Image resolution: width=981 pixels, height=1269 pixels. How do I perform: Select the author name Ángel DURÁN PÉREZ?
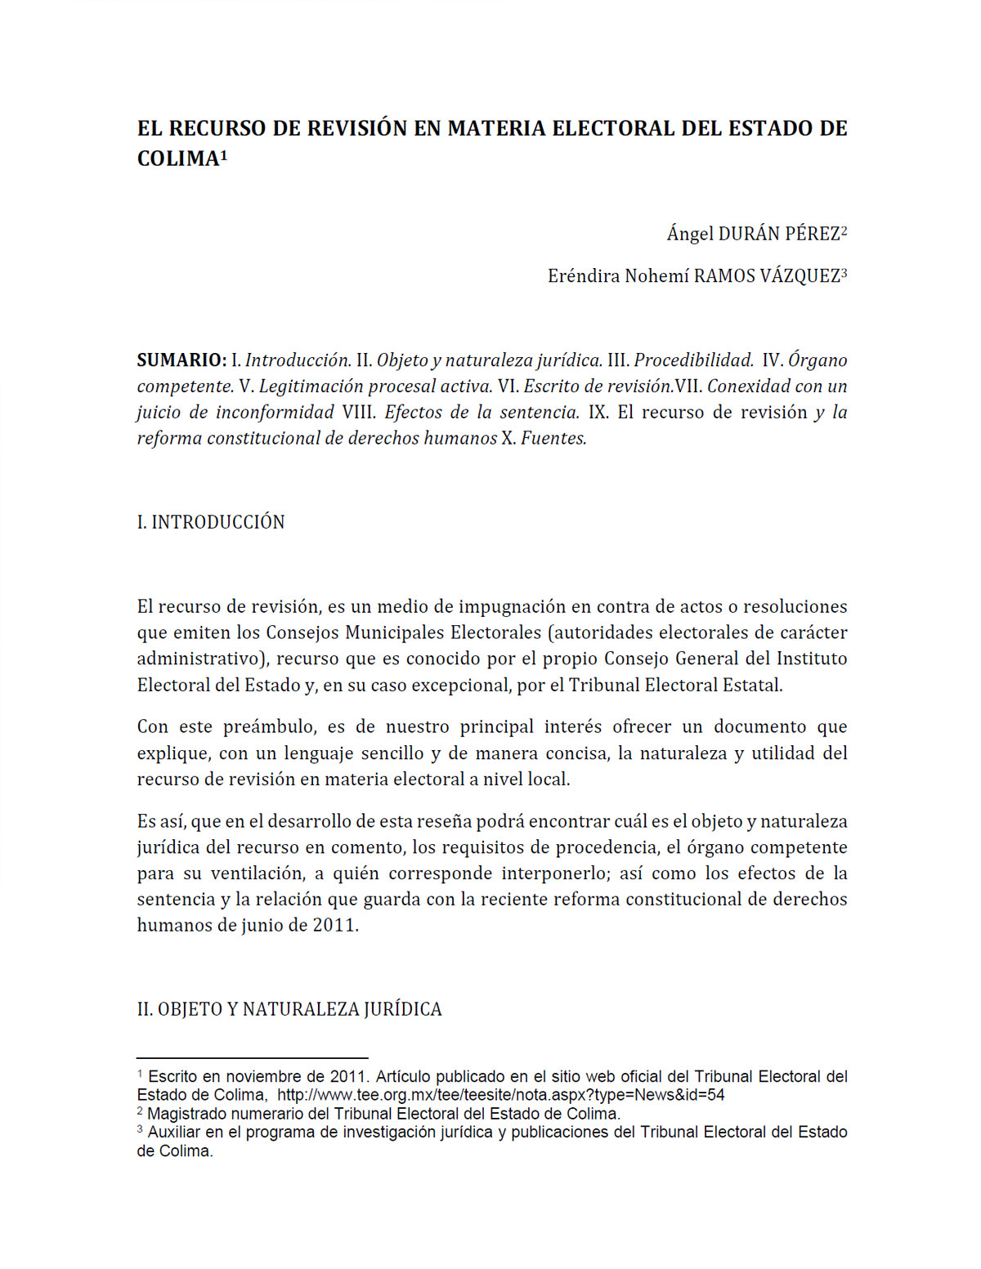(x=753, y=234)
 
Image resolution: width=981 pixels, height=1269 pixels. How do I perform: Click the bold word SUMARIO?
(x=181, y=360)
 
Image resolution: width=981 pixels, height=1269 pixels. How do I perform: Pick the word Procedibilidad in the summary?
(x=693, y=360)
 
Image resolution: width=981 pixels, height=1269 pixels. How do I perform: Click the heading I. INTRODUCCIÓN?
(x=211, y=522)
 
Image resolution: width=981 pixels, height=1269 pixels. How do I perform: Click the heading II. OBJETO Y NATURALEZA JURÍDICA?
(x=289, y=1009)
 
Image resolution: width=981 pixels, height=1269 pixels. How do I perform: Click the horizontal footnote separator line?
(x=252, y=1057)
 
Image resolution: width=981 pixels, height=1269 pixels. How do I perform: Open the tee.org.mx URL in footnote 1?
(x=500, y=1095)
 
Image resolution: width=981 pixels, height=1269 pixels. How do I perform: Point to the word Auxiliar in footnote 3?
(x=173, y=1133)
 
